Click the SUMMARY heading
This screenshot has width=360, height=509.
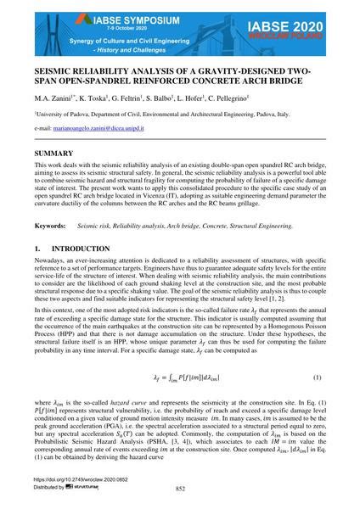[x=52, y=152]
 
